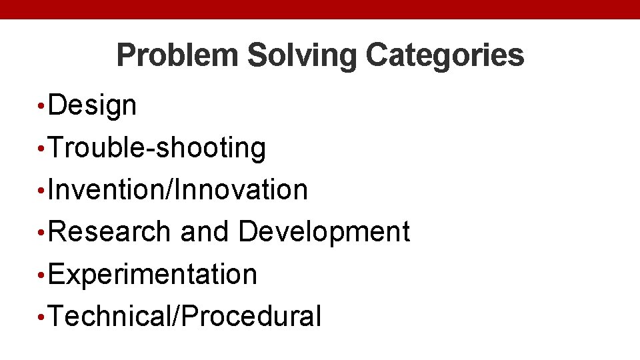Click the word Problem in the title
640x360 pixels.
(177, 55)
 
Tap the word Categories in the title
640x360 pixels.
(445, 55)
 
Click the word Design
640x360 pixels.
(93, 105)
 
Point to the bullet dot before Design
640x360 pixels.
(41, 105)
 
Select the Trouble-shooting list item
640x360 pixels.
(157, 148)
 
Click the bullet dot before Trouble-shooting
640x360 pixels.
(41, 148)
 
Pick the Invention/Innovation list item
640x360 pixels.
(178, 190)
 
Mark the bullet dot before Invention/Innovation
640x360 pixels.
(41, 190)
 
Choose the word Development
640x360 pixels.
(324, 232)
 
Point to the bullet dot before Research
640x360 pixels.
(41, 232)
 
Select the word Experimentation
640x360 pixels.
(153, 274)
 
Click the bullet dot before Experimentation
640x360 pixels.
(41, 274)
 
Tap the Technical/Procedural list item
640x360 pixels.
(185, 316)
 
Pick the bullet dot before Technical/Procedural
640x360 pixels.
(41, 316)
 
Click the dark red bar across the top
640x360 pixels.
(320, 9)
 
